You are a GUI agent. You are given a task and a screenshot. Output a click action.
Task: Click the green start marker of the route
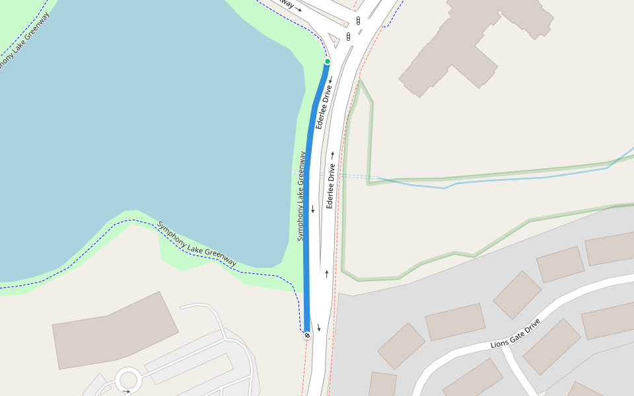(327, 61)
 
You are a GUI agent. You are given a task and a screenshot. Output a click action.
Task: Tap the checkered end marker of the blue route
(307, 335)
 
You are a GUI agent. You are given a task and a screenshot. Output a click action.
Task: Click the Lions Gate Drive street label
(515, 334)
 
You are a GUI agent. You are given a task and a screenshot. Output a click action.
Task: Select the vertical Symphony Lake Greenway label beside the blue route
(301, 196)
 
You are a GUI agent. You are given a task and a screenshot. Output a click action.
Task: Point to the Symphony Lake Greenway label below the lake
(197, 244)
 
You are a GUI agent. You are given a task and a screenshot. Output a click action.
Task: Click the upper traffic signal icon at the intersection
(358, 21)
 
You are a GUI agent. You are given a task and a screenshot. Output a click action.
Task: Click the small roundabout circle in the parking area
(127, 381)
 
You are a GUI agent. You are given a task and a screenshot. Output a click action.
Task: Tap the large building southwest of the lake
(116, 330)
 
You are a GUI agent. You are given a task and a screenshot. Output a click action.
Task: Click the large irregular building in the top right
(475, 40)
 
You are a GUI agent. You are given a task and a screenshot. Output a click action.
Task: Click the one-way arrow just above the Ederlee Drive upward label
(332, 155)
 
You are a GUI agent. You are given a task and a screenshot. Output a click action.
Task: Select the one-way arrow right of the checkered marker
(318, 328)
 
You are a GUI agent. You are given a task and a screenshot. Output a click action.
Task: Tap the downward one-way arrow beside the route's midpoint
(313, 210)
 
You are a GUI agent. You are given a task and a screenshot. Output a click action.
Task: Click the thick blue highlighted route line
(307, 198)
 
